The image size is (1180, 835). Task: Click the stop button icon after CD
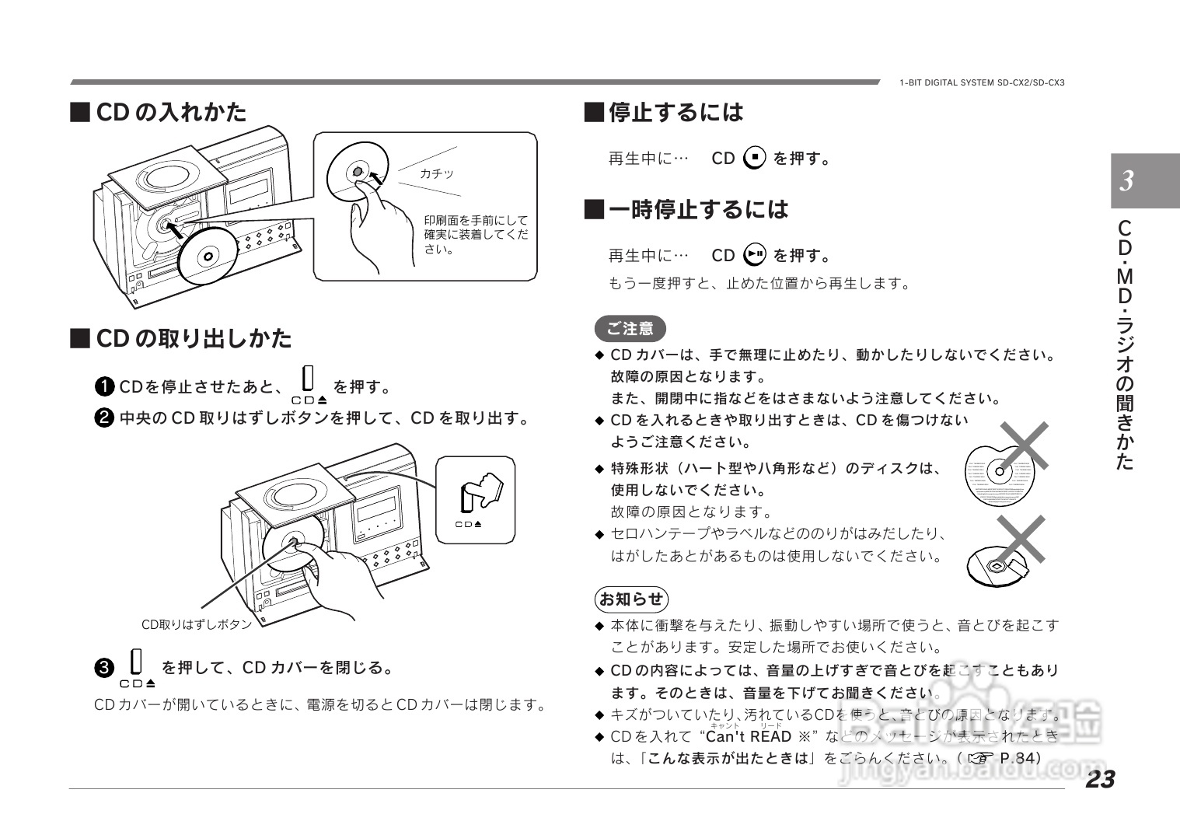pos(754,158)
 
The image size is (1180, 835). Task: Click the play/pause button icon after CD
pos(754,255)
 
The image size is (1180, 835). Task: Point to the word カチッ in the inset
pos(436,174)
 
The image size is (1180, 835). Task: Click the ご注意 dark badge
pos(630,329)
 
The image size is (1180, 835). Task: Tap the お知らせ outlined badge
pos(630,599)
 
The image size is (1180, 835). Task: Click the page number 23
pos(1100,779)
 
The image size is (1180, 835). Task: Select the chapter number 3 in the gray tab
pos(1126,182)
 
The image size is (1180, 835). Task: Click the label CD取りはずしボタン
pos(196,624)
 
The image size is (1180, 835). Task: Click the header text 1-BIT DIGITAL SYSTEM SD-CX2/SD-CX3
pos(982,82)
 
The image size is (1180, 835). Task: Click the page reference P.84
pos(1020,758)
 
